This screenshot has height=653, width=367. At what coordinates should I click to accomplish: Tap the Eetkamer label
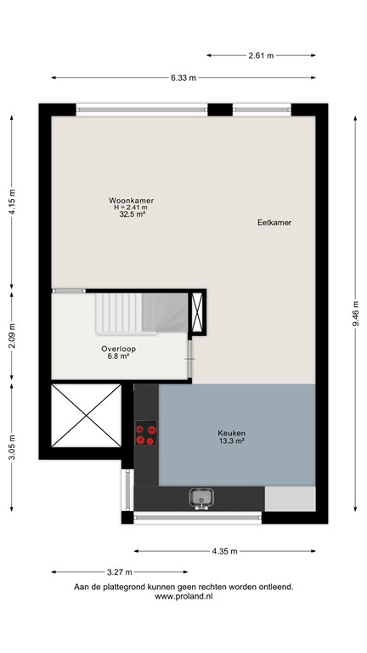pyautogui.click(x=274, y=222)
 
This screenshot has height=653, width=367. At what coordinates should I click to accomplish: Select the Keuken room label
pyautogui.click(x=231, y=433)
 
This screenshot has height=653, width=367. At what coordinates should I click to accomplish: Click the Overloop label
pyautogui.click(x=118, y=349)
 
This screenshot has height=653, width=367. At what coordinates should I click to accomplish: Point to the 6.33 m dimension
pyautogui.click(x=183, y=77)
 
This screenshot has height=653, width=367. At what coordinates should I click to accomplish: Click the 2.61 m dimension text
pyautogui.click(x=261, y=55)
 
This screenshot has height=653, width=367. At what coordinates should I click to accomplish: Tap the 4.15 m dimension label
pyautogui.click(x=12, y=202)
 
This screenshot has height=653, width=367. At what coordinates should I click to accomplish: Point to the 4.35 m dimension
pyautogui.click(x=225, y=550)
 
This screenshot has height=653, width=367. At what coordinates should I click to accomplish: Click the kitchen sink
pyautogui.click(x=201, y=498)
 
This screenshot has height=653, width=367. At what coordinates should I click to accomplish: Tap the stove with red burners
pyautogui.click(x=146, y=434)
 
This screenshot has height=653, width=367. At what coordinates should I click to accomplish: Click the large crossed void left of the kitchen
pyautogui.click(x=86, y=417)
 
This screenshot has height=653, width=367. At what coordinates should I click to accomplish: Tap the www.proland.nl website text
pyautogui.click(x=183, y=597)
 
